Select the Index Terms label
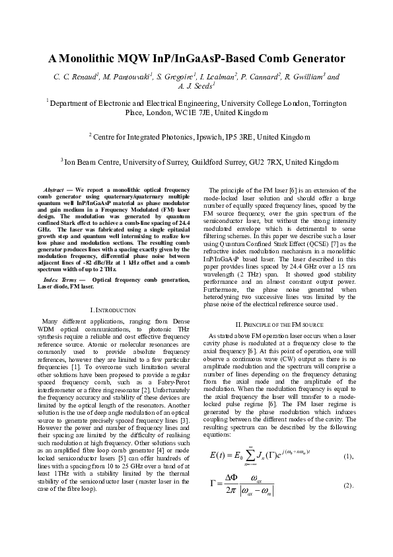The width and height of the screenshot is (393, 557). point(61,280)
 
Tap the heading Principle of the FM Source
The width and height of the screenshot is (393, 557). point(279,324)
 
